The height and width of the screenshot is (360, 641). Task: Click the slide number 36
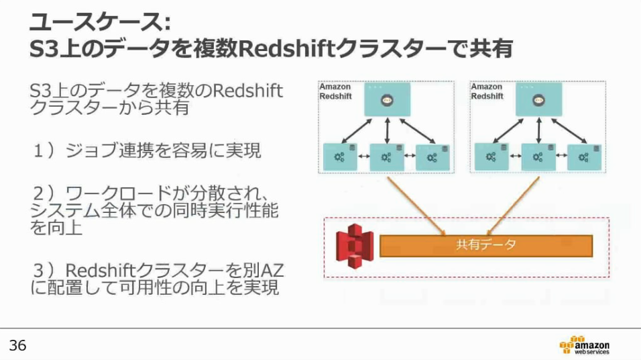(x=17, y=345)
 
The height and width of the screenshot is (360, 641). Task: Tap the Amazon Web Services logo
(x=584, y=344)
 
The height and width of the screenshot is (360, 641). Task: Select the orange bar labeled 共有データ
(x=486, y=246)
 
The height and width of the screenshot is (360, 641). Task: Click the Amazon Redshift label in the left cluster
(x=335, y=92)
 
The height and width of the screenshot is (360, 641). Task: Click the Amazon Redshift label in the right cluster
(x=487, y=92)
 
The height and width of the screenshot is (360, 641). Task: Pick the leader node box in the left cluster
(x=387, y=99)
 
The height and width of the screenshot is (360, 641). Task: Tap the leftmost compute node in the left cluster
(x=340, y=156)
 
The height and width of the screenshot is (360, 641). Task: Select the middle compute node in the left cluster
(x=387, y=156)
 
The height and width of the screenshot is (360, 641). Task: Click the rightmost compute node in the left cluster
(x=432, y=156)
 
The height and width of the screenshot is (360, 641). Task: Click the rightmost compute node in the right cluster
(x=584, y=156)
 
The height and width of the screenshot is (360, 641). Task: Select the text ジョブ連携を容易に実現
(x=163, y=151)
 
